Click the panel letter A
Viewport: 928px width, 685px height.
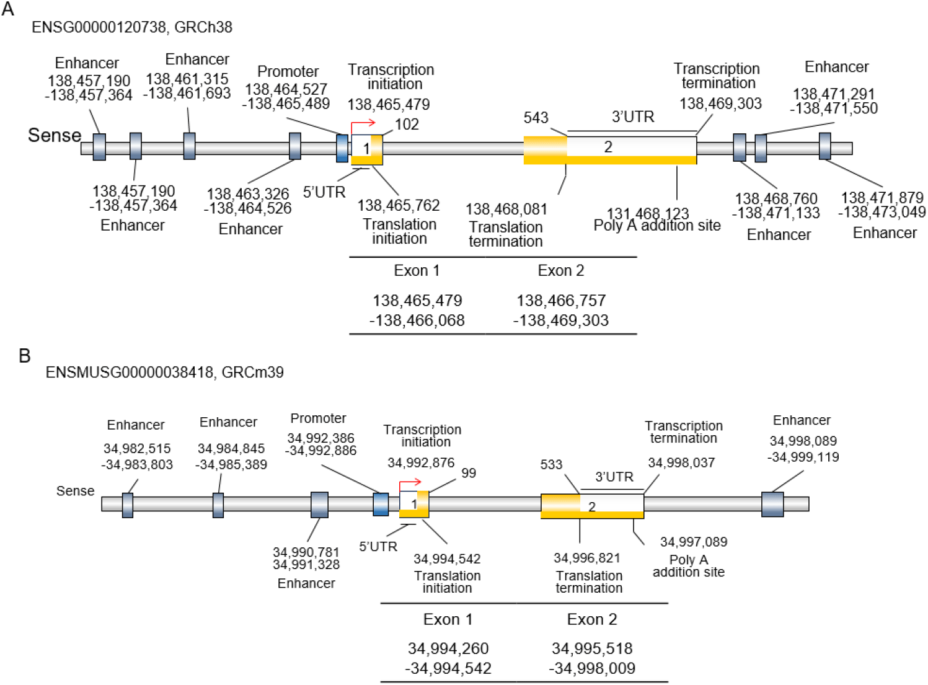[8, 10]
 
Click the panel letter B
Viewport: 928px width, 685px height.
[24, 356]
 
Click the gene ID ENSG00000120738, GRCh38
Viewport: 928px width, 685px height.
[132, 27]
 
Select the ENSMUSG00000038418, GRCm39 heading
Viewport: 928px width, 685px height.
[164, 373]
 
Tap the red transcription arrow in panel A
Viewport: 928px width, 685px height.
[363, 124]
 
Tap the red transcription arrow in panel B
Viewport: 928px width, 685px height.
[410, 483]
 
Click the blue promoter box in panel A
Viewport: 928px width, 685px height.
[342, 148]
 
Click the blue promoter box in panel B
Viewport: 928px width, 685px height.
[381, 504]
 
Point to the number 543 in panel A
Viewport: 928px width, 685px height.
[536, 118]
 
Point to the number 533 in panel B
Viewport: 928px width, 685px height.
[550, 464]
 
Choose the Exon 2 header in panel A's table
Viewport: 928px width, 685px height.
[560, 270]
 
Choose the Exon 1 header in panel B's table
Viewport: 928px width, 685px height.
[448, 619]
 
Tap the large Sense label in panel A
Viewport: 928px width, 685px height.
[55, 135]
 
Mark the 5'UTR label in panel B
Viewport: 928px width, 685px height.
[378, 546]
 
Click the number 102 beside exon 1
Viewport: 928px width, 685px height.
[407, 124]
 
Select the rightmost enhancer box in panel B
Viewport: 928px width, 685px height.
[772, 504]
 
